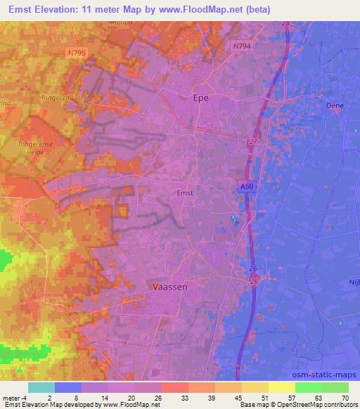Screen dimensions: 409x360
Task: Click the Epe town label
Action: click(200, 99)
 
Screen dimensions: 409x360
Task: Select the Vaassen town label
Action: click(168, 287)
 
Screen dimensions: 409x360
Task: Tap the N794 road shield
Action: click(241, 46)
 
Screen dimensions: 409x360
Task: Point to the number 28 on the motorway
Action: click(285, 23)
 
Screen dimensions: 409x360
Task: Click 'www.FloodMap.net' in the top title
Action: click(188, 9)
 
